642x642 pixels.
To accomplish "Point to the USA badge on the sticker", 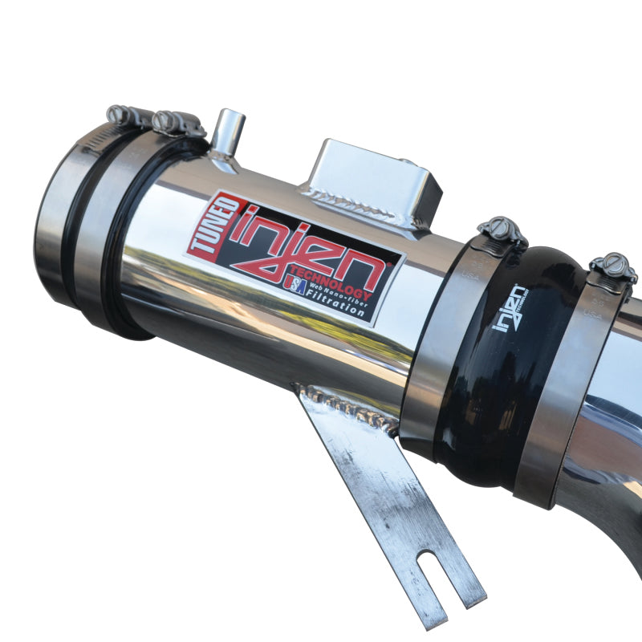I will point(295,286).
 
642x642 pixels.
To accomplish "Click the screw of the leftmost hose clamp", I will point(120,116).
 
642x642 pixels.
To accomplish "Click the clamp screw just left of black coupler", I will point(502,231).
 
